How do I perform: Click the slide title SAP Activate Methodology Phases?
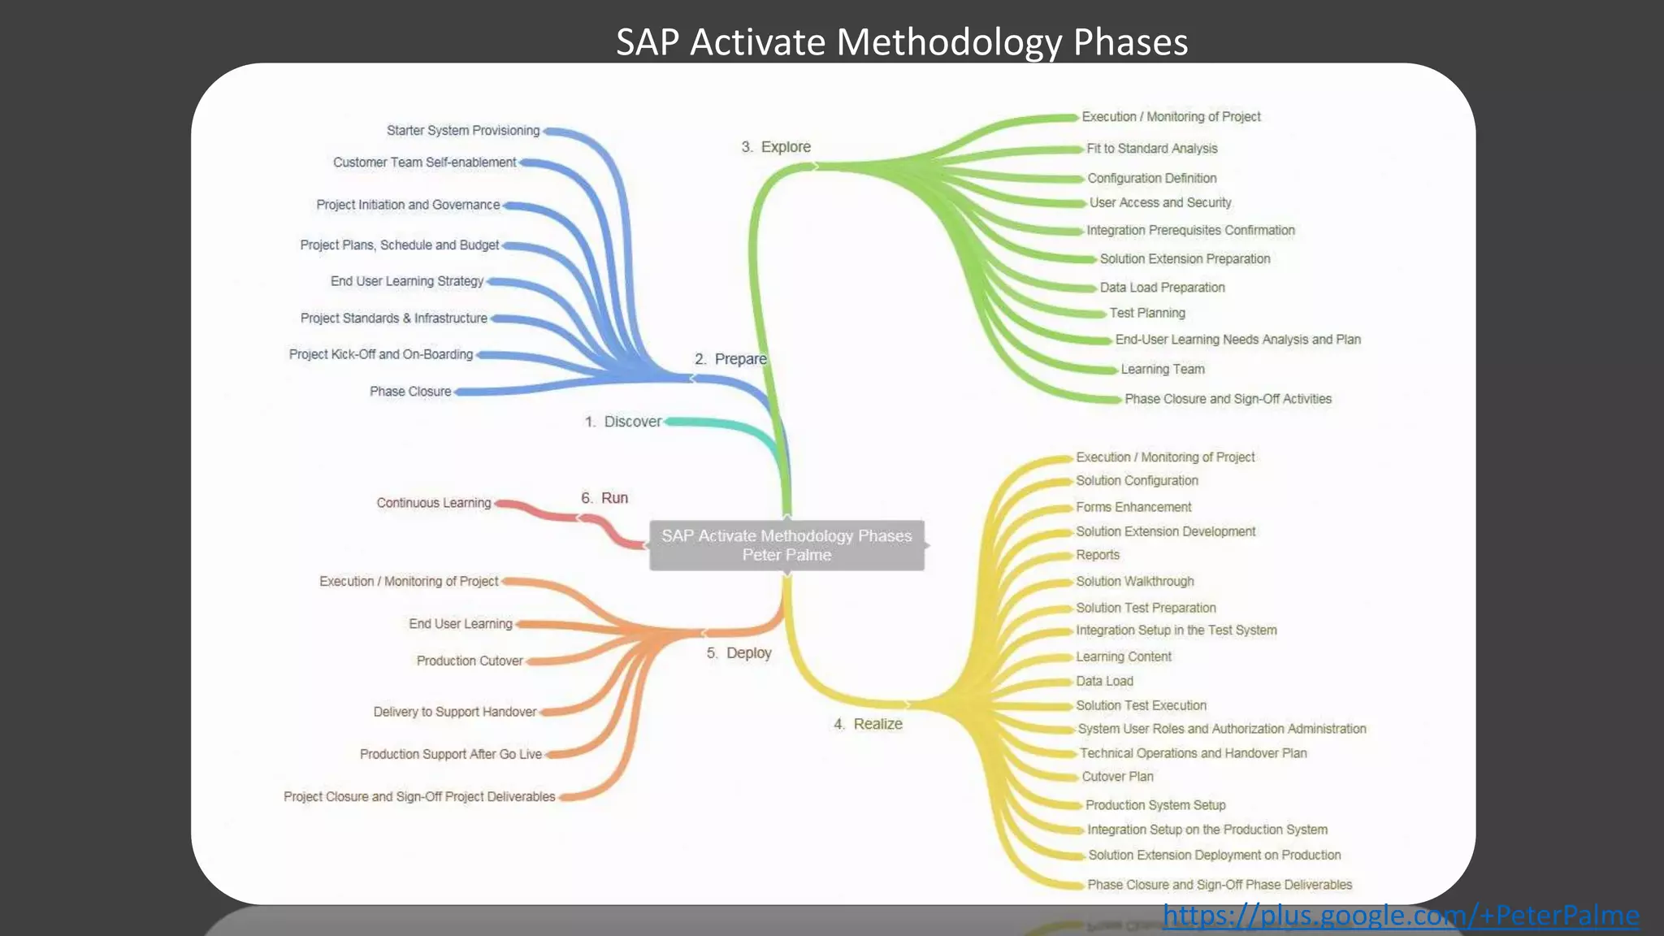click(x=901, y=42)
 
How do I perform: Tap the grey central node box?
click(x=786, y=545)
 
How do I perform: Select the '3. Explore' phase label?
click(x=776, y=147)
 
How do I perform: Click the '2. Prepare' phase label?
click(x=730, y=359)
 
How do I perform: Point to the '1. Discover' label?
click(x=623, y=422)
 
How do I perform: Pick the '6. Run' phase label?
click(x=604, y=498)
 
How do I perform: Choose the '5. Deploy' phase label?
click(x=739, y=653)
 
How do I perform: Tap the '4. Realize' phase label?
click(x=868, y=724)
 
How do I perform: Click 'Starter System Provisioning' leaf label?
click(x=463, y=131)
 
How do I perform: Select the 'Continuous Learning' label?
click(x=434, y=503)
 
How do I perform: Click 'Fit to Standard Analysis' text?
click(x=1151, y=149)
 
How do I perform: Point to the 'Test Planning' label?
click(x=1147, y=313)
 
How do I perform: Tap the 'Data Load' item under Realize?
click(x=1104, y=681)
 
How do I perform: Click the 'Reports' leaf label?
click(x=1098, y=555)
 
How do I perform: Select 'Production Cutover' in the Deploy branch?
click(x=470, y=661)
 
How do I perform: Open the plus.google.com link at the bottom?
click(x=1401, y=916)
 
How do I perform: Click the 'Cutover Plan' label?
click(x=1117, y=777)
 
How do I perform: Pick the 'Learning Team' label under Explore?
click(x=1163, y=369)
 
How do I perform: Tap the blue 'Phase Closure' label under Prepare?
click(x=410, y=392)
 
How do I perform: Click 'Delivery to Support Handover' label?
click(x=455, y=712)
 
